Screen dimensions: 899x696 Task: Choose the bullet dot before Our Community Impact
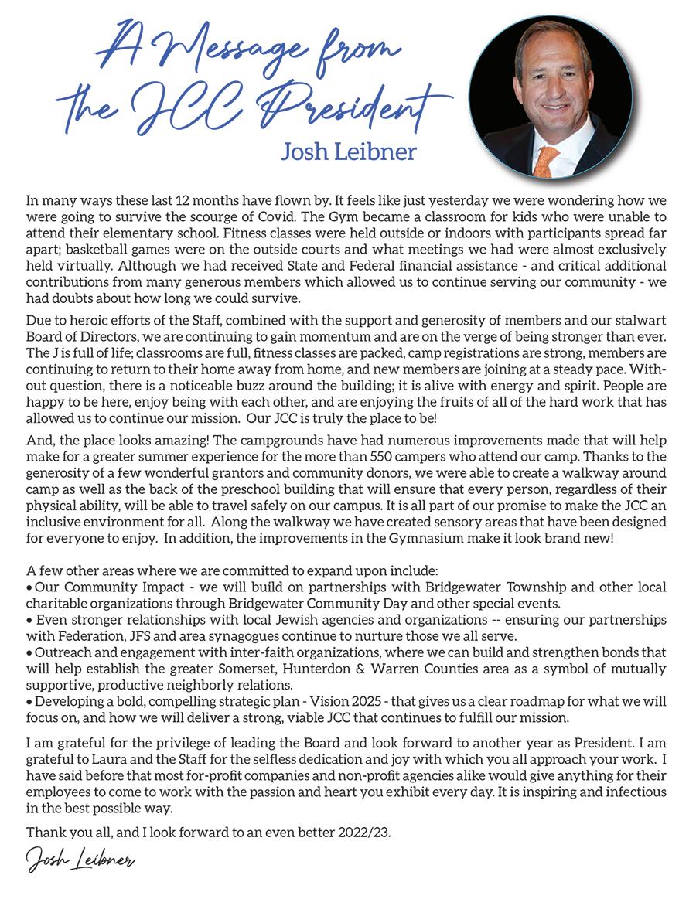pos(29,587)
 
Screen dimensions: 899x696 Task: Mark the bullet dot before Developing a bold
pos(29,700)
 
